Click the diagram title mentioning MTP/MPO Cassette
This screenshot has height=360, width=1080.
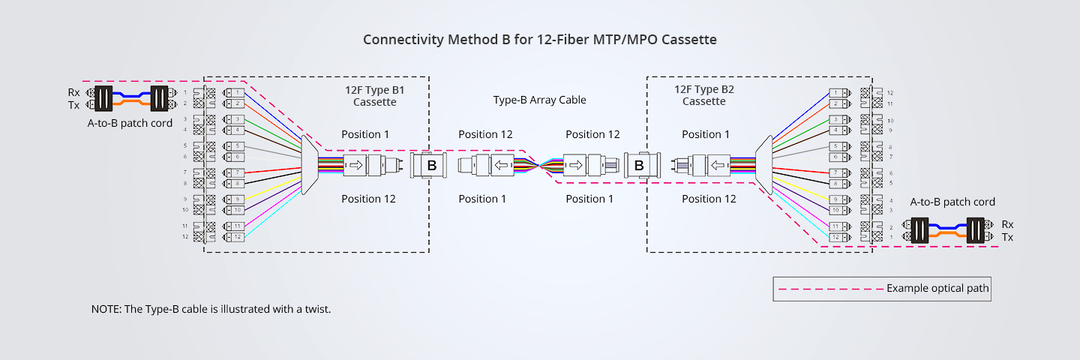tap(539, 40)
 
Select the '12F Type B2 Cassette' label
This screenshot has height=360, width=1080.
tap(703, 95)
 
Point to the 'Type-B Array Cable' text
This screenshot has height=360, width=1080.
tap(539, 100)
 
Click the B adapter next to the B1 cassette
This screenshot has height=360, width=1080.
tap(431, 166)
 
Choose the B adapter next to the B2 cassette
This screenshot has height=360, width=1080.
tap(638, 166)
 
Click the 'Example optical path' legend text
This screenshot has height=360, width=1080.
tap(937, 288)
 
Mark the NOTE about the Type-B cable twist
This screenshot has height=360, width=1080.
tap(211, 309)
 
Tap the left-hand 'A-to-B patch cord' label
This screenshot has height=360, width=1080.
tap(130, 123)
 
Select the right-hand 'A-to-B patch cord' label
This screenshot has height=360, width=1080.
tap(952, 202)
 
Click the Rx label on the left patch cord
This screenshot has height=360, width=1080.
tap(73, 92)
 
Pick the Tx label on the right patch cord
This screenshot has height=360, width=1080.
tap(1007, 237)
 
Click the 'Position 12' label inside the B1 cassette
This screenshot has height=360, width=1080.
tap(368, 199)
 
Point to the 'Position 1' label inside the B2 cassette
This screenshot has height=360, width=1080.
tap(705, 134)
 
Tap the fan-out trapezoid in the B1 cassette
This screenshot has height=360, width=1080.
tap(310, 166)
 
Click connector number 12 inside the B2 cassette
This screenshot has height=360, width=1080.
tap(838, 237)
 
